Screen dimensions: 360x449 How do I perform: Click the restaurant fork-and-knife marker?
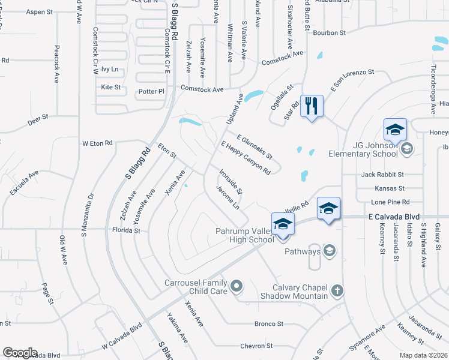point(311,106)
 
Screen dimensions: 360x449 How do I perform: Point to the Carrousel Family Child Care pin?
point(236,286)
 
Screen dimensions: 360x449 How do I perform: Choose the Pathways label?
point(303,251)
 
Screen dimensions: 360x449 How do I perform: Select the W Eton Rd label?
point(97,143)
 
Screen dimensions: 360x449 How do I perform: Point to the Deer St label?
point(37,122)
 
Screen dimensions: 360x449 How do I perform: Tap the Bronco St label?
point(268,324)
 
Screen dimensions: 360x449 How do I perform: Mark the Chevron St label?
point(256,346)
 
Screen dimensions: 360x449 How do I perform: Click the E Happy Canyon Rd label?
point(246,158)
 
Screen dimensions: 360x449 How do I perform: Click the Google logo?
point(20,353)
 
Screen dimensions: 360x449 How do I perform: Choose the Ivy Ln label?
point(110,70)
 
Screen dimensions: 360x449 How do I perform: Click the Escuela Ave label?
point(24,182)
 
